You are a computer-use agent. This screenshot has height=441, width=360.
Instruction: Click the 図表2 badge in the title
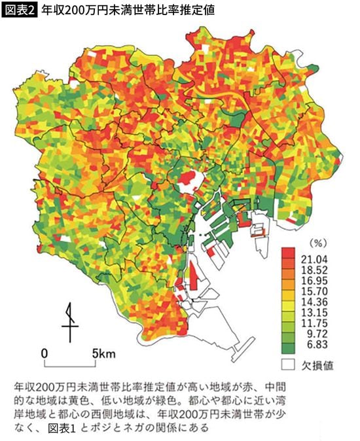coord(20,11)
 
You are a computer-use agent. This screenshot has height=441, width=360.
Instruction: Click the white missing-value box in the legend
coord(287,364)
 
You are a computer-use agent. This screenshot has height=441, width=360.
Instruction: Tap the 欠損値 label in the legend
coord(318,364)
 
